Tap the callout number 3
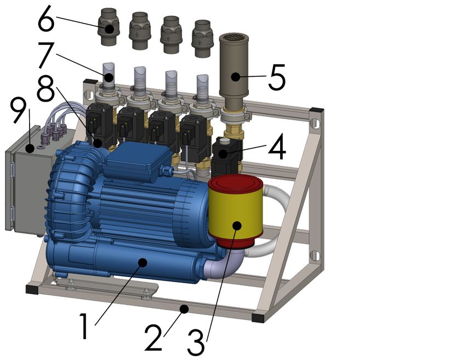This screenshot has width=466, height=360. tap(196, 342)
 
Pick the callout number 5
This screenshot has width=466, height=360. tap(277, 77)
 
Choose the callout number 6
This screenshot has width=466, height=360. tap(47, 19)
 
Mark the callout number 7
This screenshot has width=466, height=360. tap(46, 55)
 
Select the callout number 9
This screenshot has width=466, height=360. tap(19, 110)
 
